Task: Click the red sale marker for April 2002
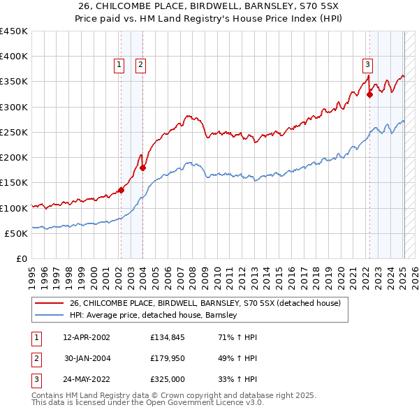121,189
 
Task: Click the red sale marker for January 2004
142,168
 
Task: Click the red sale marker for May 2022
369,96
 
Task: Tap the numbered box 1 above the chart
119,65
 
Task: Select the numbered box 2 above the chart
140,65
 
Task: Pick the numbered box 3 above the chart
367,65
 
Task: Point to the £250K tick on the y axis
14,132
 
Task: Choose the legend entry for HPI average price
154,316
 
